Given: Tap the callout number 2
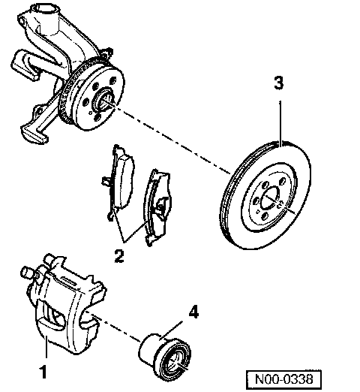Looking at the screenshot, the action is coord(119,255).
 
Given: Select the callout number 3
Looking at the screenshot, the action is coord(279,83).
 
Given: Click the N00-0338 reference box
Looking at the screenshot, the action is coord(283,380).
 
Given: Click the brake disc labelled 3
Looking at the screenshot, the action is coord(265,194).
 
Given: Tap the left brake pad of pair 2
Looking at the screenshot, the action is coord(118,182).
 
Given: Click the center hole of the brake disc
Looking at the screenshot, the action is coord(269,198).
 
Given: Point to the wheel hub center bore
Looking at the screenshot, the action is coord(103,100).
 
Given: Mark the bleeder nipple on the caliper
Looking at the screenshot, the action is coord(27,272).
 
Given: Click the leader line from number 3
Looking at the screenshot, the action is coord(280,123).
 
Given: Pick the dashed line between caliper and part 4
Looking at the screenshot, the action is coord(113,327).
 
